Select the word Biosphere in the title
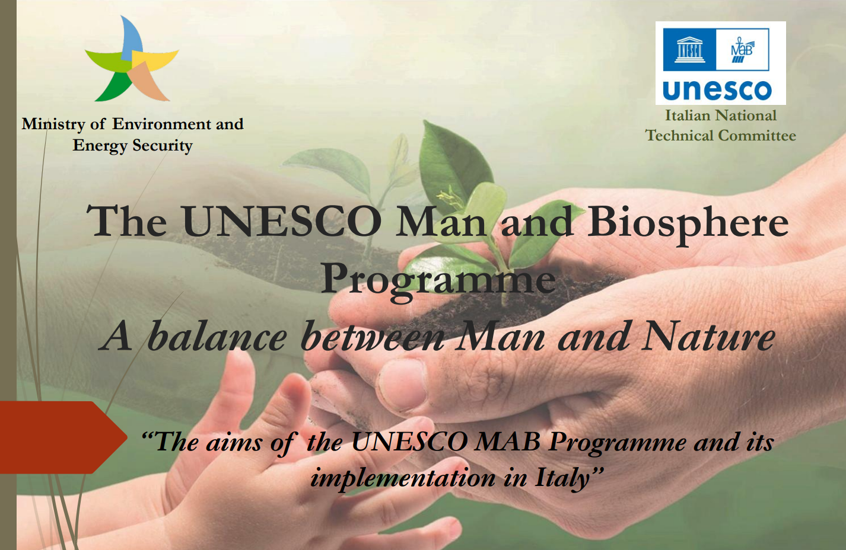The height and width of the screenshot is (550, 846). click(x=688, y=223)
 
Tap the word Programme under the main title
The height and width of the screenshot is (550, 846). click(x=438, y=279)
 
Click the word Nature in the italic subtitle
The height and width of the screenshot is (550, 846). click(x=710, y=337)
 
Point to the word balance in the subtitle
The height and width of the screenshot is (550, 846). click(x=217, y=337)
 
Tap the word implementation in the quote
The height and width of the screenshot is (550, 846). click(x=403, y=478)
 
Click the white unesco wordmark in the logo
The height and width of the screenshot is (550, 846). click(x=717, y=91)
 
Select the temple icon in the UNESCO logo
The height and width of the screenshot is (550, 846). click(x=689, y=50)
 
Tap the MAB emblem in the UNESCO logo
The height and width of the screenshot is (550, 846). click(x=742, y=50)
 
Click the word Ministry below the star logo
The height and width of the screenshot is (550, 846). click(x=53, y=124)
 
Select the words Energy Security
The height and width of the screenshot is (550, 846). click(x=133, y=146)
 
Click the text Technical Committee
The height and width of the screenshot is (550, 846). click(x=721, y=136)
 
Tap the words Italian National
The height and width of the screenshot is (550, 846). click(x=721, y=116)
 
